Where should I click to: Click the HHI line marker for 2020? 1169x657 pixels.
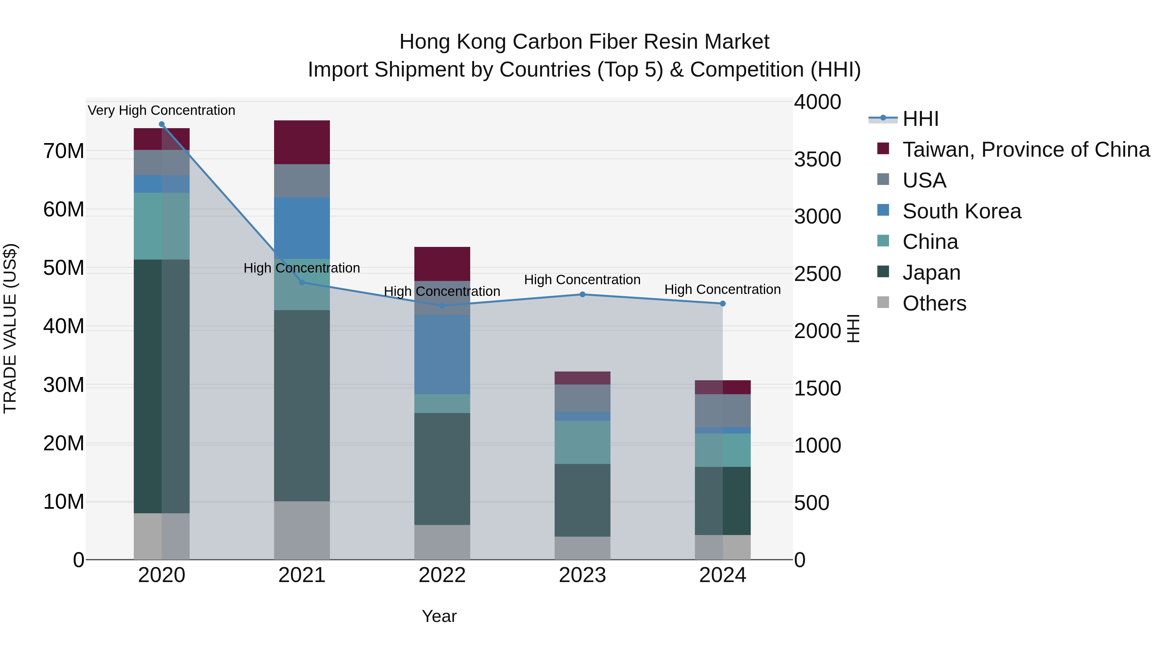coord(162,124)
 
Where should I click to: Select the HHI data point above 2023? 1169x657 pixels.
coord(582,294)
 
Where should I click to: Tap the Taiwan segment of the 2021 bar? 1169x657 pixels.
coord(302,142)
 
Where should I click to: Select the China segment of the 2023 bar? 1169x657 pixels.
coord(582,442)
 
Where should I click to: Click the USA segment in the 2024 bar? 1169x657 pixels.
coord(723,410)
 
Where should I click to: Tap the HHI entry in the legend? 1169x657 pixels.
coord(920,119)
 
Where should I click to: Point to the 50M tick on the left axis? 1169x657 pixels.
coord(64,268)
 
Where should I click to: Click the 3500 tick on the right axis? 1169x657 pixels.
coord(817,160)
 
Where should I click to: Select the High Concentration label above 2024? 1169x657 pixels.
coord(723,289)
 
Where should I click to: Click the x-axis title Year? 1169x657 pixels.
coord(439,616)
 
